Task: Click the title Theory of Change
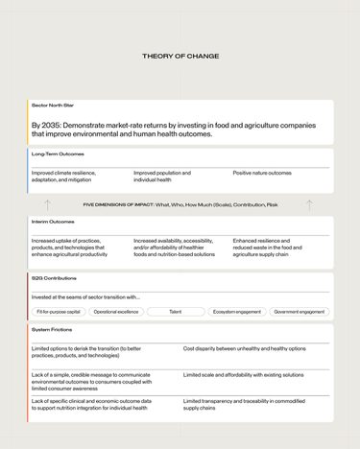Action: click(180, 57)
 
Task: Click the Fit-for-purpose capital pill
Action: click(58, 312)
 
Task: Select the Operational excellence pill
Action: click(116, 312)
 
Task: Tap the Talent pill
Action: click(175, 312)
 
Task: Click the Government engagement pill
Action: click(300, 312)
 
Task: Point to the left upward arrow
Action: click(47, 204)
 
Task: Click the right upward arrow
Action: click(309, 204)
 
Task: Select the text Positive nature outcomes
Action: click(262, 173)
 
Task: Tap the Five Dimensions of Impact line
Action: click(180, 204)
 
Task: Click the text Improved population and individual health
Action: click(162, 177)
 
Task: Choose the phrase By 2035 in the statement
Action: click(49, 125)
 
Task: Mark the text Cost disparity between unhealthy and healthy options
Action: click(244, 348)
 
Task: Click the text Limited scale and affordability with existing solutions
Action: click(243, 374)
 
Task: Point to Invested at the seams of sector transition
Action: click(85, 297)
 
